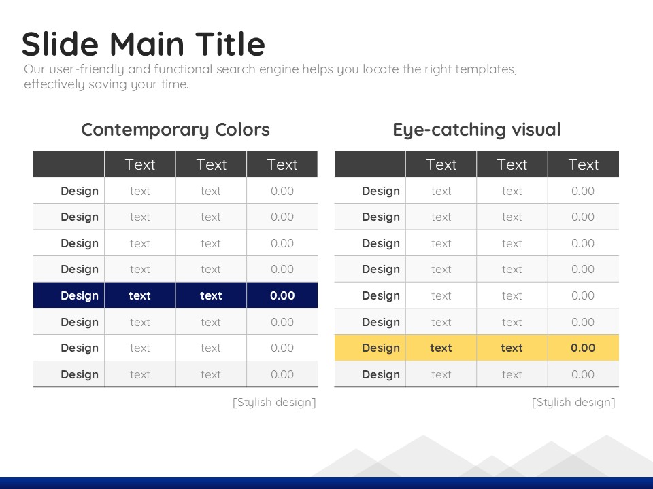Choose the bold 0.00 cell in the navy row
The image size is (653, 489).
(282, 295)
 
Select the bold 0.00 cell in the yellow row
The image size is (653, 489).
(583, 348)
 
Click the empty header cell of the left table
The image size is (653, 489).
(69, 164)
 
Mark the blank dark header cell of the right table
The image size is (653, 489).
(370, 164)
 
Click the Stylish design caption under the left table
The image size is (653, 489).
(274, 403)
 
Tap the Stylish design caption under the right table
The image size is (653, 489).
(573, 403)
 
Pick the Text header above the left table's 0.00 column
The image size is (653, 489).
(282, 164)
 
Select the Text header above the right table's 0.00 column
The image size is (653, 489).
(584, 164)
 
